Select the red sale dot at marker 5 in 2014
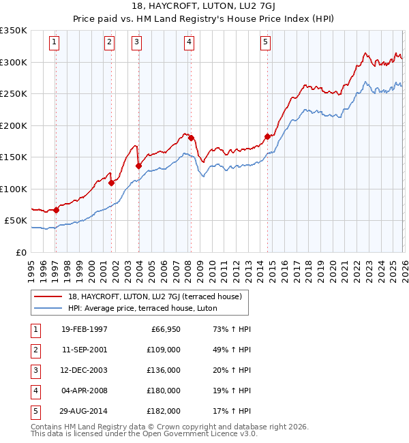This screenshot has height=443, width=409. pos(267,136)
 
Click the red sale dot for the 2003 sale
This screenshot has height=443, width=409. pos(138,166)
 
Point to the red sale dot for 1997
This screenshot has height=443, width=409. pos(57,210)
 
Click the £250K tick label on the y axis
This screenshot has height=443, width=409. pos(14,94)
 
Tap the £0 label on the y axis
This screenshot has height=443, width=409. pos(21,253)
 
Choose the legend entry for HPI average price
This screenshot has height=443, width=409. pos(142,308)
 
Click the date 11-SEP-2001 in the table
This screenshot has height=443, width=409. pos(84,350)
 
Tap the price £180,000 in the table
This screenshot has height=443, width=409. pos(164,391)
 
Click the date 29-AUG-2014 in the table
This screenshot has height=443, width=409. pos(84,411)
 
